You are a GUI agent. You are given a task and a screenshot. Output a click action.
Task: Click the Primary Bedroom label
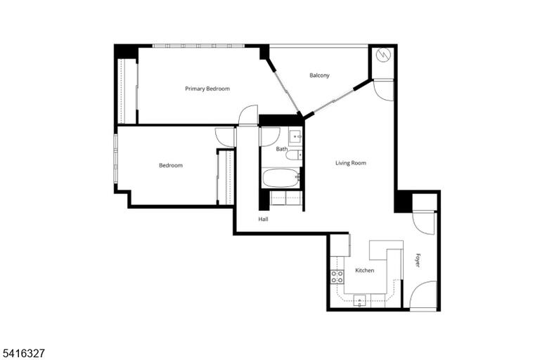(x=207, y=89)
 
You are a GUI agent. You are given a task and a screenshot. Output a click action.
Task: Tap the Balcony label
(x=319, y=75)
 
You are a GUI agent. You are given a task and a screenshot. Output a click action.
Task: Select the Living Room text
(x=351, y=162)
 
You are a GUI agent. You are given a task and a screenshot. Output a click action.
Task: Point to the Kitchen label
(x=364, y=271)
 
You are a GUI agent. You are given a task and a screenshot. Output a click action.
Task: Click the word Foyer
(x=418, y=260)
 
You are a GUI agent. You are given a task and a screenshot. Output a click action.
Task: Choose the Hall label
(x=263, y=219)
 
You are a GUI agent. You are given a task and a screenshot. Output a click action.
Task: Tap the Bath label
(x=282, y=149)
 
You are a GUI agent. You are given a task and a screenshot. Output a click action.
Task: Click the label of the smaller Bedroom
(x=171, y=165)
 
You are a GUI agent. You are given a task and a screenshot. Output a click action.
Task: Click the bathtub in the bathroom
(x=281, y=178)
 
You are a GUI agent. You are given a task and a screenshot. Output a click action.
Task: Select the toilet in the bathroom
(x=294, y=155)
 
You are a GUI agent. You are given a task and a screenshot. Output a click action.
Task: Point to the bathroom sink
(x=295, y=136)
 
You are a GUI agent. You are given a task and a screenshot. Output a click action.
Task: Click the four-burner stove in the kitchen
(x=337, y=276)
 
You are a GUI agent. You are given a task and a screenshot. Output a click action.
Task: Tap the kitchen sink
(x=359, y=300)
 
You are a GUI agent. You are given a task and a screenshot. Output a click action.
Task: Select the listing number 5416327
(x=23, y=353)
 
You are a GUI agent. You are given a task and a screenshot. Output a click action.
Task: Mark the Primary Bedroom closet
(x=127, y=91)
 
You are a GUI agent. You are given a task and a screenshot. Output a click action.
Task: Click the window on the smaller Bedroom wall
(x=116, y=159)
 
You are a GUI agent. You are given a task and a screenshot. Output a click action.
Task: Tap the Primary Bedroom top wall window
(x=198, y=46)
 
